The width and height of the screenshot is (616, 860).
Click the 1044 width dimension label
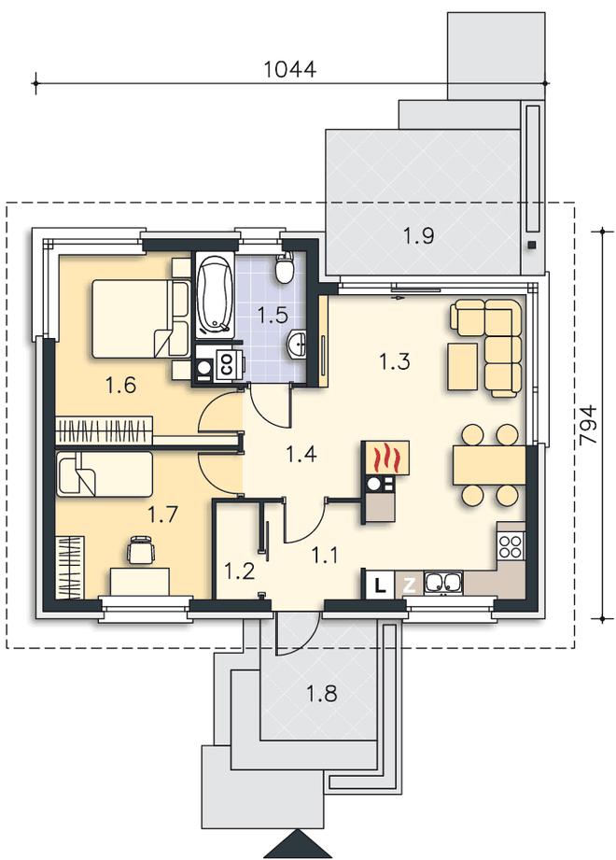[x=290, y=70]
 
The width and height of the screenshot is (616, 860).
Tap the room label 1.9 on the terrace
[x=419, y=236]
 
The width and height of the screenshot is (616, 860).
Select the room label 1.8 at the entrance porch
[x=321, y=695]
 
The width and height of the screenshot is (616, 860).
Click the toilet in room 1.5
[x=284, y=268]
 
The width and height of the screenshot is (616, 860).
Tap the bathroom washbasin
[x=298, y=344]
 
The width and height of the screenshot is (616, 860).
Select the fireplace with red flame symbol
[x=385, y=457]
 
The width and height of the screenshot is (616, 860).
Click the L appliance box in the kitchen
[x=379, y=585]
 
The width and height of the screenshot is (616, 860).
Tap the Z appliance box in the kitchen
[x=409, y=585]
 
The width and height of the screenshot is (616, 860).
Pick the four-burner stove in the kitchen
[x=511, y=545]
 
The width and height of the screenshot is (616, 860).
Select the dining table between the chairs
[x=489, y=465]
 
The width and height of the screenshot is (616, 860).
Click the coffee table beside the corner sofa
[x=463, y=366]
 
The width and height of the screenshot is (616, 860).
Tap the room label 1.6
[x=121, y=386]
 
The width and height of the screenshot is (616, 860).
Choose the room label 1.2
[x=240, y=571]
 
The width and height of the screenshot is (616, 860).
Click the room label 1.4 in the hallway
[x=301, y=454]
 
